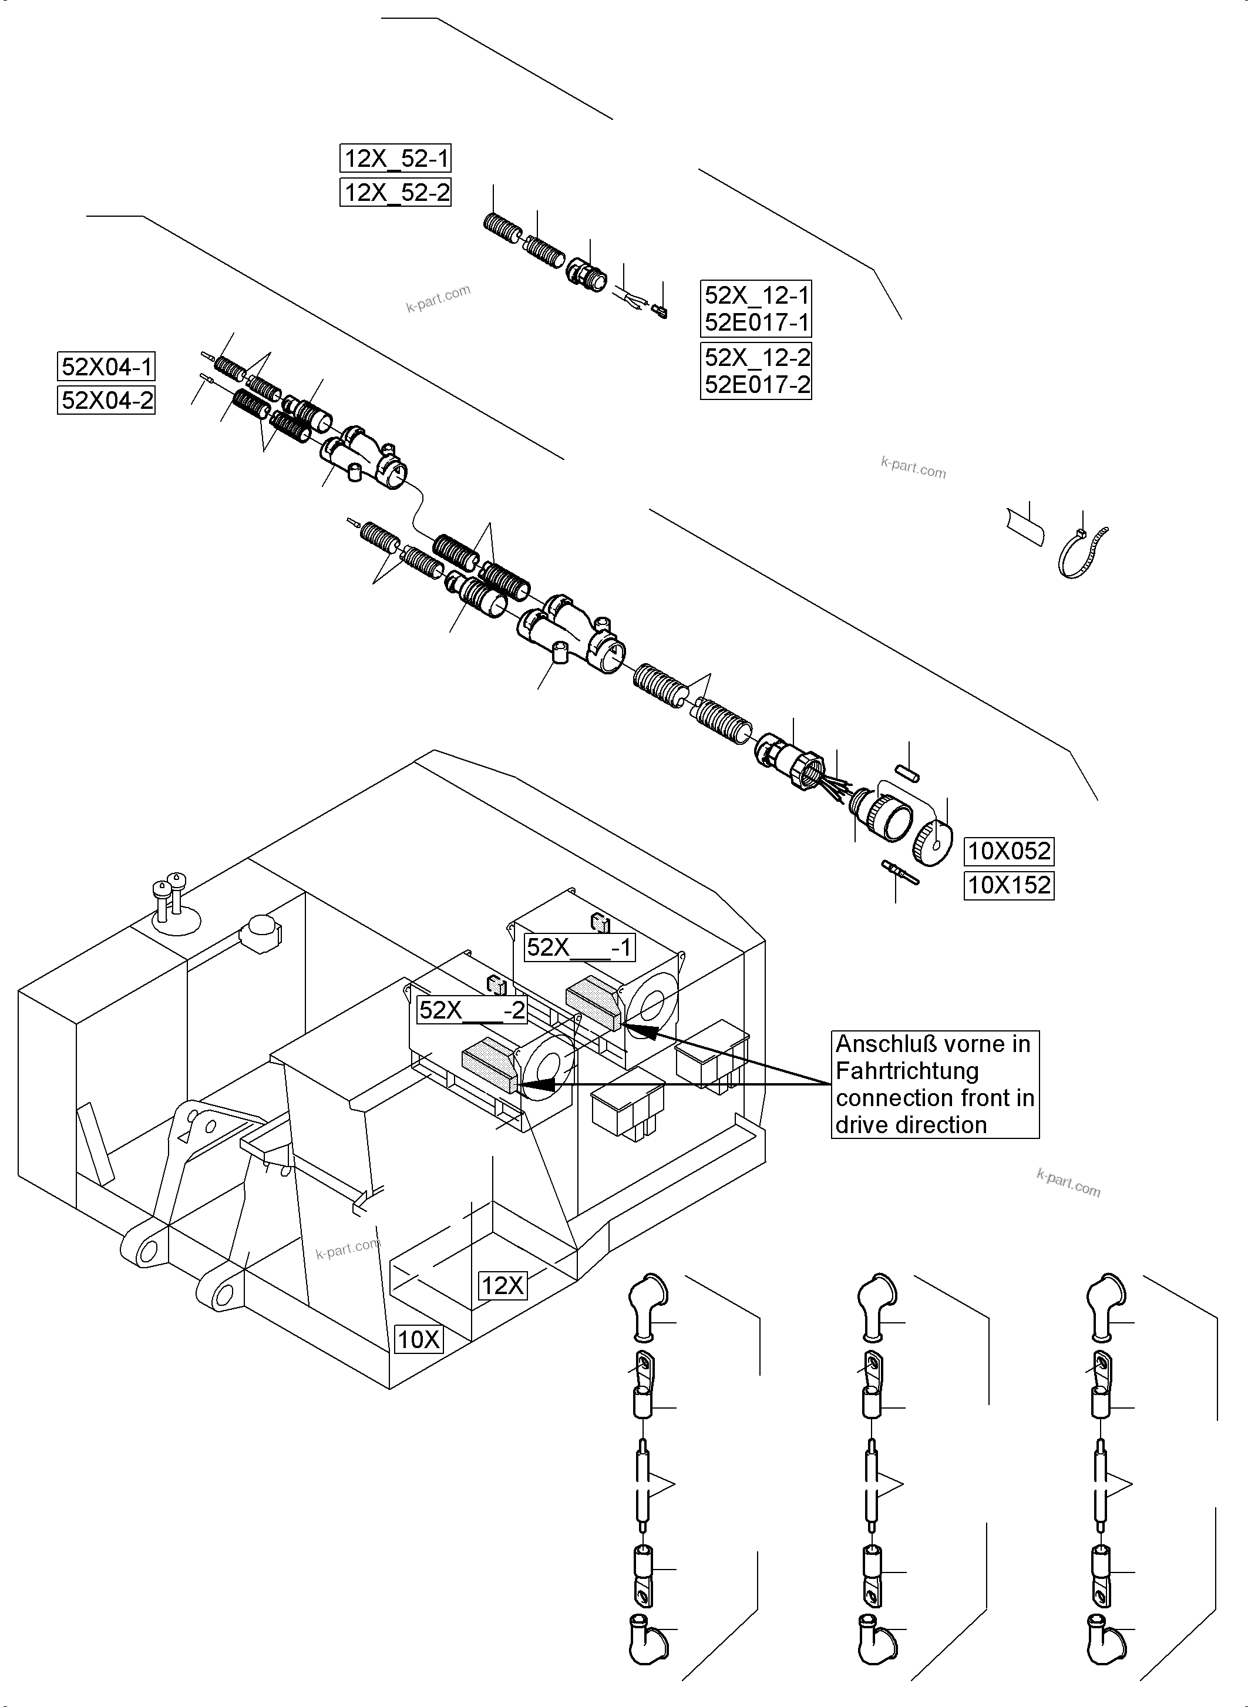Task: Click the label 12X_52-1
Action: tap(396, 159)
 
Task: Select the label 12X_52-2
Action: tap(396, 193)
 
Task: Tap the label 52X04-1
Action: tap(106, 367)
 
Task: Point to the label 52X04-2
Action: tap(106, 400)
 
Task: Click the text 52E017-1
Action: tap(756, 322)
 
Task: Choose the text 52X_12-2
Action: tap(756, 357)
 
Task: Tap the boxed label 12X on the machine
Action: tap(502, 1285)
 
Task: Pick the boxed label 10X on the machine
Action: tap(419, 1340)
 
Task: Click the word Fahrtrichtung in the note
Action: tap(907, 1071)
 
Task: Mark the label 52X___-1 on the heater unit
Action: tap(580, 947)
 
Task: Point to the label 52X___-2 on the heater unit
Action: tap(472, 1010)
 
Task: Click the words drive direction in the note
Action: tap(910, 1124)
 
